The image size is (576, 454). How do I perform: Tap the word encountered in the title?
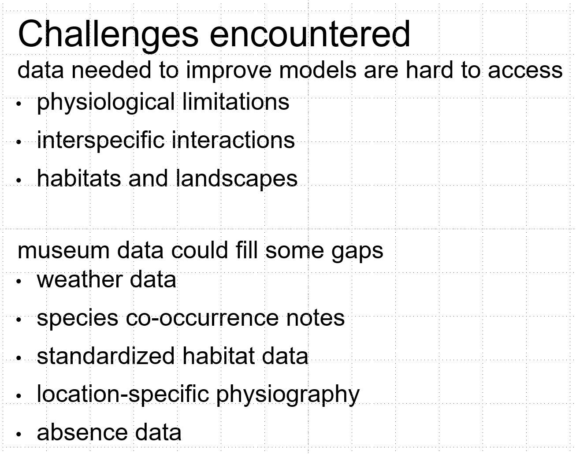(310, 34)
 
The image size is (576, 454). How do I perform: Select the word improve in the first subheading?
(229, 71)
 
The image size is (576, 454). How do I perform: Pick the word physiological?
(106, 103)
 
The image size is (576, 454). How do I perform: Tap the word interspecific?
(100, 141)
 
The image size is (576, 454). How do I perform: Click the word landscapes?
(237, 179)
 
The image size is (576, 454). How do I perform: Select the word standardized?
(106, 356)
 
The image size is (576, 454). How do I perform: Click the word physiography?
(288, 395)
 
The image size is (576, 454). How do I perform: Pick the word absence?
(82, 432)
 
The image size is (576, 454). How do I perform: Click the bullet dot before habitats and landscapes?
(19, 180)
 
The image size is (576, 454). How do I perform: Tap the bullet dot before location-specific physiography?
(19, 396)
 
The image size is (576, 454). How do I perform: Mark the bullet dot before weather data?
(19, 281)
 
